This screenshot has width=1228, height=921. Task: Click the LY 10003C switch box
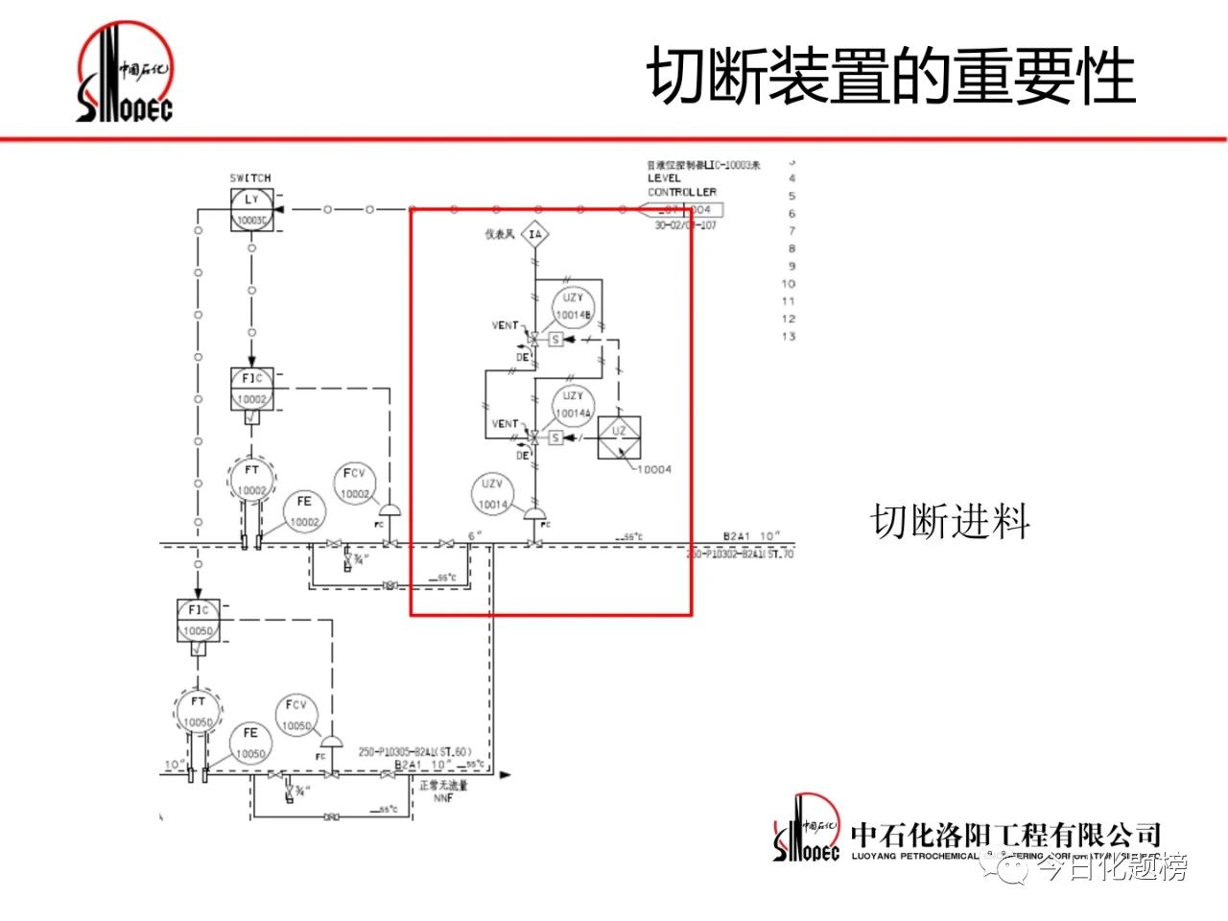[251, 209]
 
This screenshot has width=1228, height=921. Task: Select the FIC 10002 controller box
[251, 389]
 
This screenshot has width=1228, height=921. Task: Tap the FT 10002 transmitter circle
[251, 481]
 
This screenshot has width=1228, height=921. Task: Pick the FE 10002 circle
[304, 512]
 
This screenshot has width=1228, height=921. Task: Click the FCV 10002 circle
[355, 484]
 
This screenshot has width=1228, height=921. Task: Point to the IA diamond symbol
[535, 234]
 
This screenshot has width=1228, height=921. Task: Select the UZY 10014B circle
[574, 307]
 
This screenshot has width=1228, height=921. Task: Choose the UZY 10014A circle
[574, 405]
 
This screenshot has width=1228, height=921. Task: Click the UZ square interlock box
[619, 437]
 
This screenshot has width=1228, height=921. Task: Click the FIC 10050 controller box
[198, 620]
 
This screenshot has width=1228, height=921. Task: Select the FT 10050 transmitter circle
[198, 712]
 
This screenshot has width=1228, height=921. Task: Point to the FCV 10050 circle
[296, 716]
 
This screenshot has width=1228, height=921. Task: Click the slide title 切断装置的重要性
[891, 77]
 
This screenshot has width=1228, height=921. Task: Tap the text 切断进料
[950, 522]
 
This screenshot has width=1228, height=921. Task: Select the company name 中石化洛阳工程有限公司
[1005, 835]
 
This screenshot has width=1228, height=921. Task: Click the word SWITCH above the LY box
[250, 177]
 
